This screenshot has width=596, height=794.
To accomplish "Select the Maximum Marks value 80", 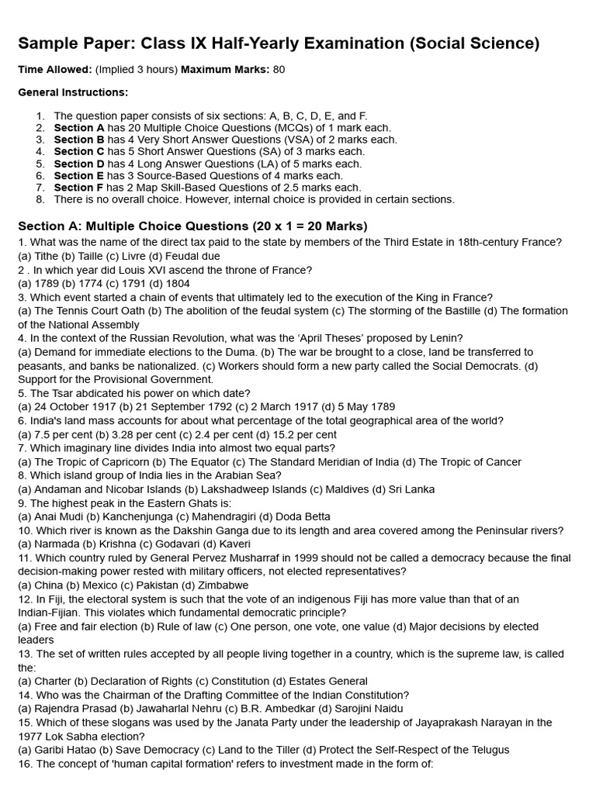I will click(x=279, y=70).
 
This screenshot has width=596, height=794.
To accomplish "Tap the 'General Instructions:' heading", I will click(x=73, y=92).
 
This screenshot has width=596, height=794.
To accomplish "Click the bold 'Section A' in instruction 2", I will click(x=79, y=128).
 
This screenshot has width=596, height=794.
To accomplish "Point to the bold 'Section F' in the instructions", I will click(x=79, y=188).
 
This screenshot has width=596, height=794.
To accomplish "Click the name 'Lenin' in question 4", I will click(x=449, y=338).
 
